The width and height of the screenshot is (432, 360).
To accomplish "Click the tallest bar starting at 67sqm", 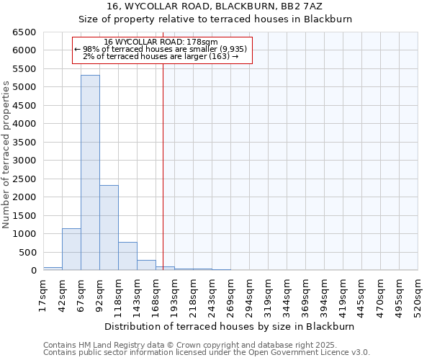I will tap(90, 173).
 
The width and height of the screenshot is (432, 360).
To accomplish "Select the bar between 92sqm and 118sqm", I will tap(109, 228).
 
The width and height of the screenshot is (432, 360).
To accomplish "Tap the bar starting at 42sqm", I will tap(71, 249).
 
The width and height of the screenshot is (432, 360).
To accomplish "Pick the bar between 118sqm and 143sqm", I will tap(127, 256).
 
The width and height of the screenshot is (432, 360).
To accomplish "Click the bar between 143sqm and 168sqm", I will tap(146, 265).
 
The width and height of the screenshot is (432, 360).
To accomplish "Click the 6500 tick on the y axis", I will tap(24, 32).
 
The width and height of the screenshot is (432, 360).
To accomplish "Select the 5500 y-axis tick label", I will tap(24, 69).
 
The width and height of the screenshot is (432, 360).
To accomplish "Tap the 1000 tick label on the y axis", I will tap(24, 234).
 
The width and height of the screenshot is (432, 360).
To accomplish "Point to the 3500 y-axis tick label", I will tap(24, 143).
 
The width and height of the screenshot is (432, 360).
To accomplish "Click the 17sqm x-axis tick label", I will tap(43, 294).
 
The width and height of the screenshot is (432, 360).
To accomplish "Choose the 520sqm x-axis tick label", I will tap(418, 294).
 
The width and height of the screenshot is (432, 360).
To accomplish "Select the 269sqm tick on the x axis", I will tap(230, 294).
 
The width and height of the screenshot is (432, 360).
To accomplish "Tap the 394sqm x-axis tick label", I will tap(324, 294).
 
